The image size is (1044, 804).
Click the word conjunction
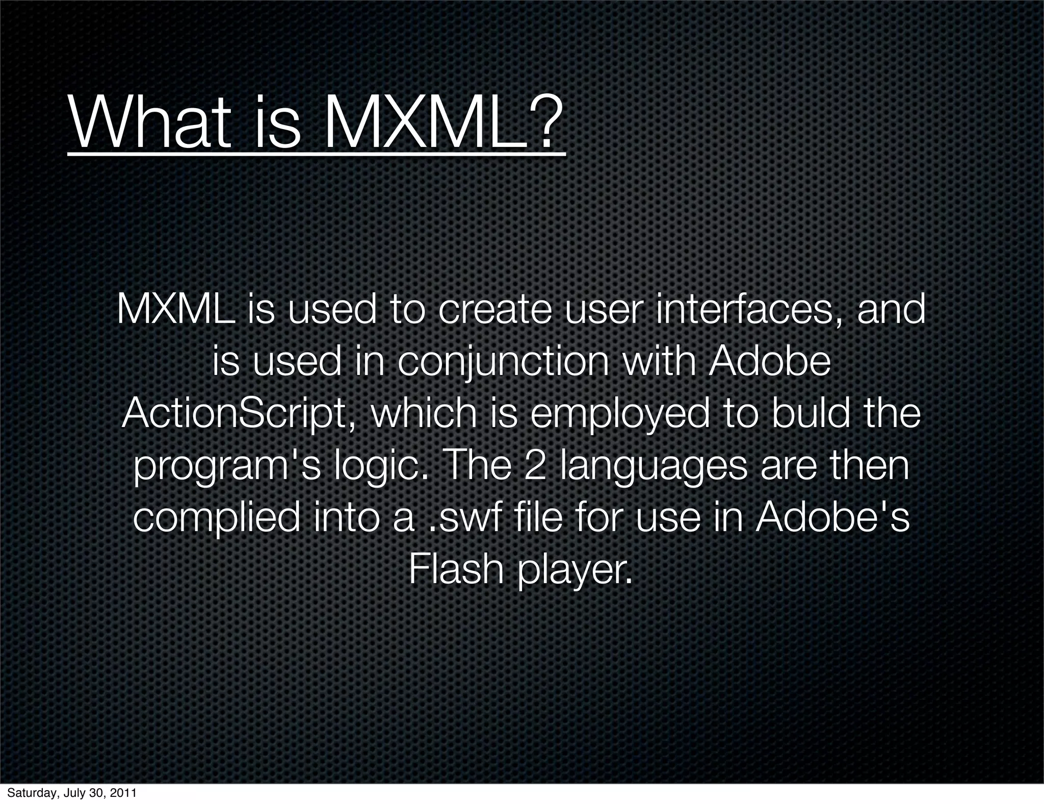click(502, 363)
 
